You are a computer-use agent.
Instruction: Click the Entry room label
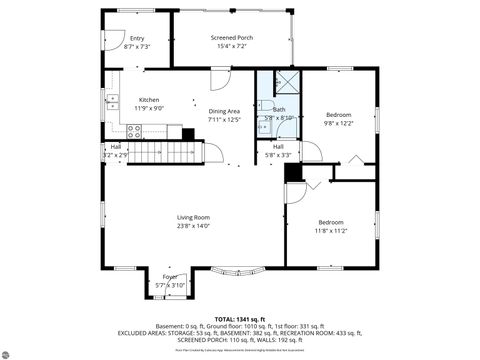click(x=137, y=38)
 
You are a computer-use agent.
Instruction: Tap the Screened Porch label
click(x=232, y=38)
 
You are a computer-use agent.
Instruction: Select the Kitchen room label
click(x=149, y=100)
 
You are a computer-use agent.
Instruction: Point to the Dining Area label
click(x=224, y=111)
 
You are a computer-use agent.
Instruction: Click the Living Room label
click(x=193, y=217)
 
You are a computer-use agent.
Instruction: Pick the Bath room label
click(x=279, y=110)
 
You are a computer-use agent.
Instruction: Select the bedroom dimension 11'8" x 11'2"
click(x=332, y=231)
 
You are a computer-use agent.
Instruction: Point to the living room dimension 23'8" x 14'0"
click(x=193, y=226)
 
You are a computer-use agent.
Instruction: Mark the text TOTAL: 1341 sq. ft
click(x=239, y=318)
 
